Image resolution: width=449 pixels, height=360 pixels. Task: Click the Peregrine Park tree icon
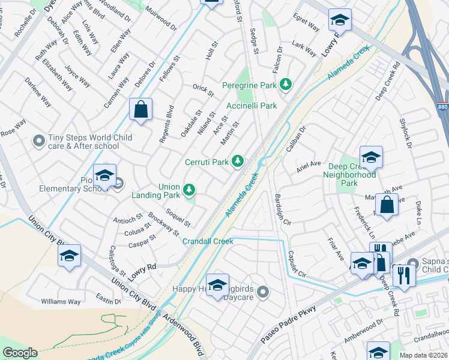tap(286, 86)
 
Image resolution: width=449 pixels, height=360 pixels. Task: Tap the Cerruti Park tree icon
tap(238, 161)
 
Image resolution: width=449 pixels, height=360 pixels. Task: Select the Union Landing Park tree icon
tap(190, 190)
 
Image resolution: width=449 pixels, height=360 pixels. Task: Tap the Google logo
tap(20, 352)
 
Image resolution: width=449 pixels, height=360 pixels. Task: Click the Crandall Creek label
tap(208, 241)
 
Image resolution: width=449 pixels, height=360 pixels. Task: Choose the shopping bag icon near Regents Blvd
tap(140, 110)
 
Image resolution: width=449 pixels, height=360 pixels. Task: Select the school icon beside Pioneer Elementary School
tap(104, 175)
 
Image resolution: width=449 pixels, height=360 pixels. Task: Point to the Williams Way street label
tap(61, 302)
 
